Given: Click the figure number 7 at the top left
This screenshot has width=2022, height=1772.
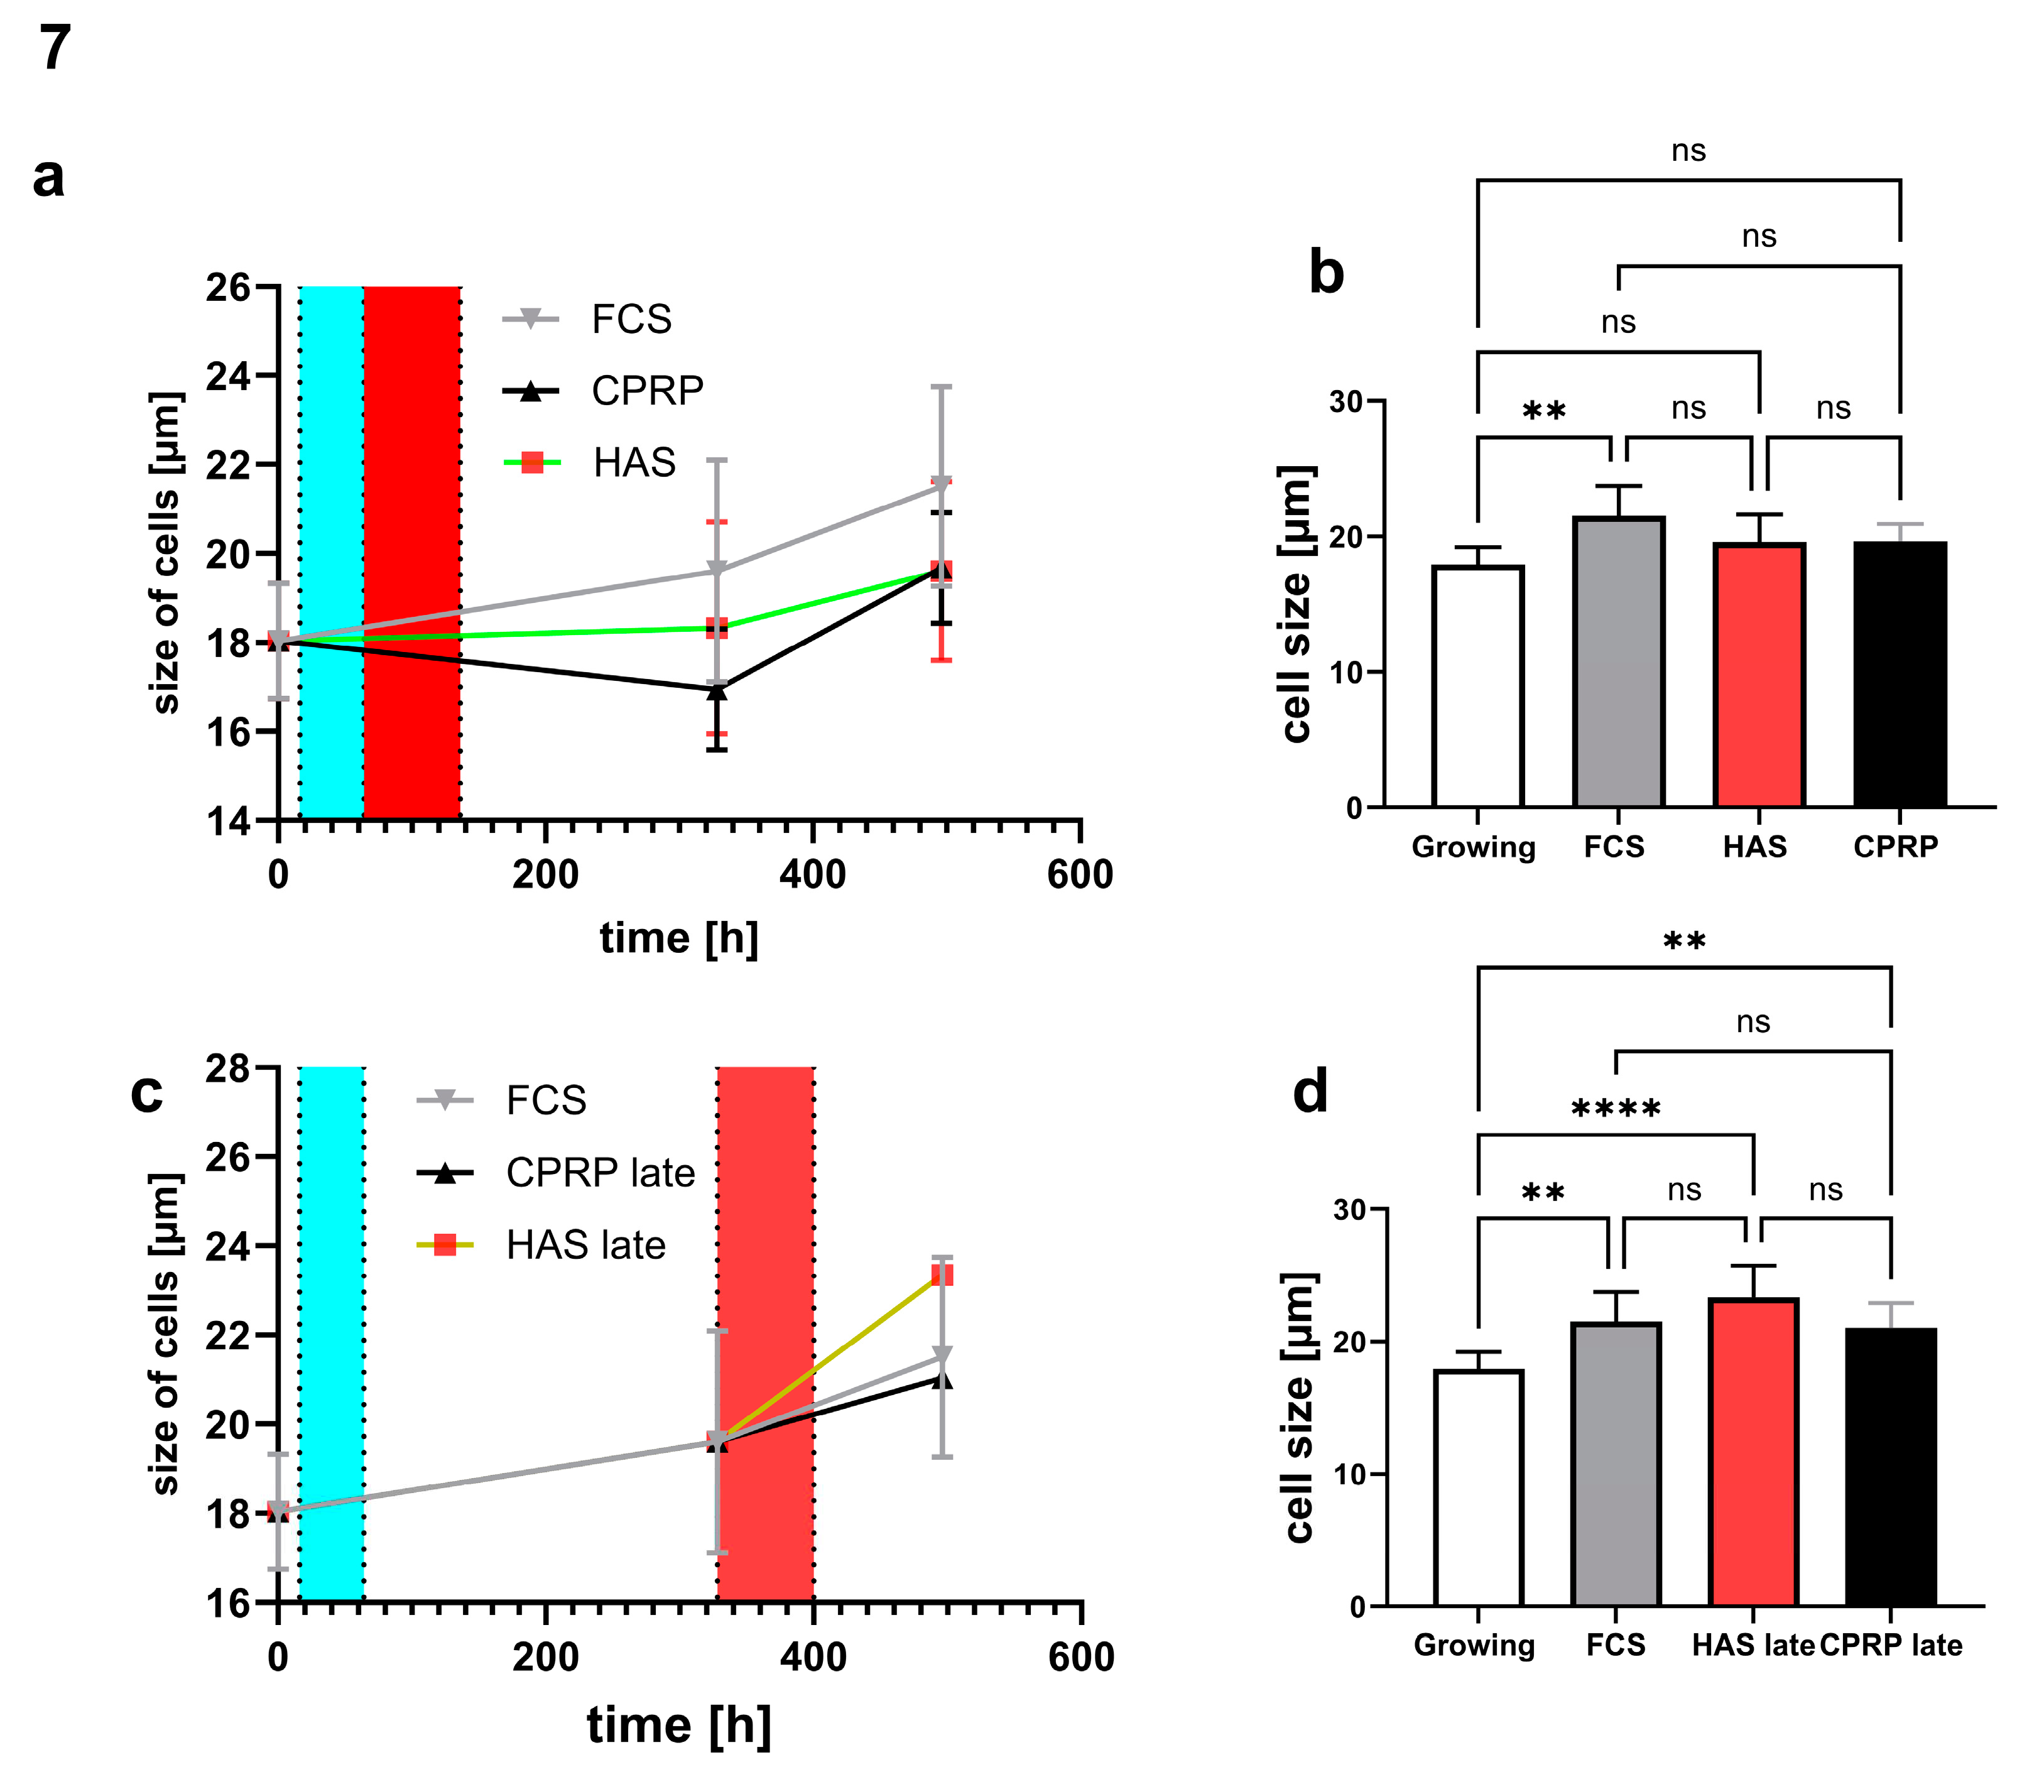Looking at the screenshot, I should (55, 48).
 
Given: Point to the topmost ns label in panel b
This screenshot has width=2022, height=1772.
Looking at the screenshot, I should (1688, 150).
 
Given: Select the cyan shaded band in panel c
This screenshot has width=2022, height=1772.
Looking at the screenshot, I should (331, 1335).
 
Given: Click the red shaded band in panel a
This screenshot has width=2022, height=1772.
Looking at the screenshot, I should (411, 554).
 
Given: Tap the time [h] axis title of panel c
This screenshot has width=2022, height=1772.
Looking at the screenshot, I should (678, 1726).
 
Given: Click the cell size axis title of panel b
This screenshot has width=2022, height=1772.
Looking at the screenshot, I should (1296, 603).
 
